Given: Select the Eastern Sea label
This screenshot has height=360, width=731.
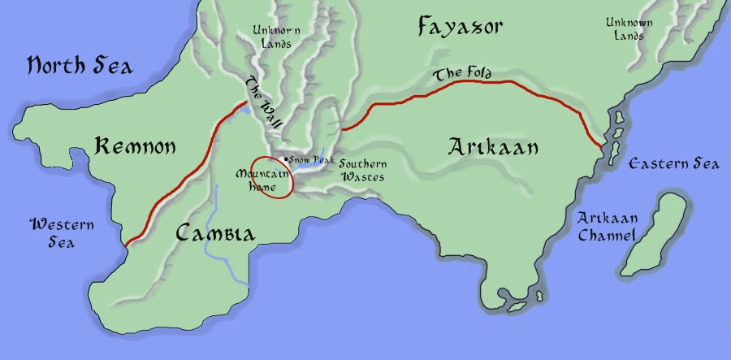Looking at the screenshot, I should coord(674,164).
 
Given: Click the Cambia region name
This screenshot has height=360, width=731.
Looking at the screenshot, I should coord(215,235).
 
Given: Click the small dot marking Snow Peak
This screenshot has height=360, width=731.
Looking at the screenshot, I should coord(285,158).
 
